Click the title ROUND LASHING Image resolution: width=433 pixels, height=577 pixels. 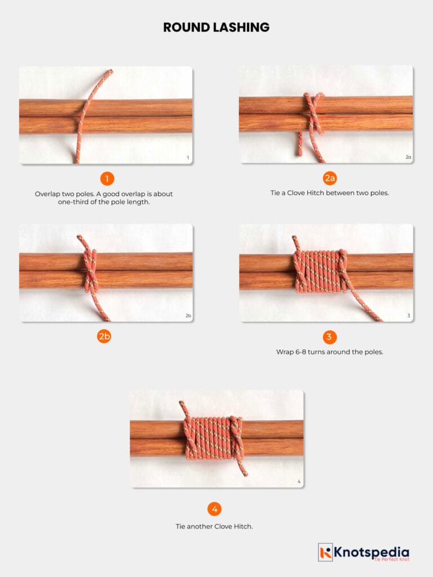(x=216, y=27)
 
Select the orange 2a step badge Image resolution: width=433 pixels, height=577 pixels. (x=330, y=179)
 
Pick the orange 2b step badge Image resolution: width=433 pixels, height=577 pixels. (x=104, y=337)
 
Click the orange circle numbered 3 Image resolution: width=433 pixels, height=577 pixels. (x=330, y=337)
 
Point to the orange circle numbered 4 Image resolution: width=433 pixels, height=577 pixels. (x=214, y=509)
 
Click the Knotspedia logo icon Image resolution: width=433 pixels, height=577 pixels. (x=325, y=552)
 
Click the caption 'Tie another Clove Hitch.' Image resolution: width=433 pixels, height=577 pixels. (x=214, y=526)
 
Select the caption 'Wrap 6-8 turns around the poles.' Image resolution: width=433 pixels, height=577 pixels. (x=330, y=352)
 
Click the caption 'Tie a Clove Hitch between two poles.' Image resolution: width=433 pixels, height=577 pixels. (x=330, y=193)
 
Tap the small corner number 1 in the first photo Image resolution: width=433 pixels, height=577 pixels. (x=188, y=158)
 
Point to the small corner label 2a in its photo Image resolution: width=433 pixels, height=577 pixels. (x=408, y=157)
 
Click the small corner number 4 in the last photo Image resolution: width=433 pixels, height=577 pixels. (x=299, y=482)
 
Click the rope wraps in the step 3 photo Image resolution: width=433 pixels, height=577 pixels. (x=319, y=272)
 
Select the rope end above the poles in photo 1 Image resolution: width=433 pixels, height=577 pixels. (x=102, y=82)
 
